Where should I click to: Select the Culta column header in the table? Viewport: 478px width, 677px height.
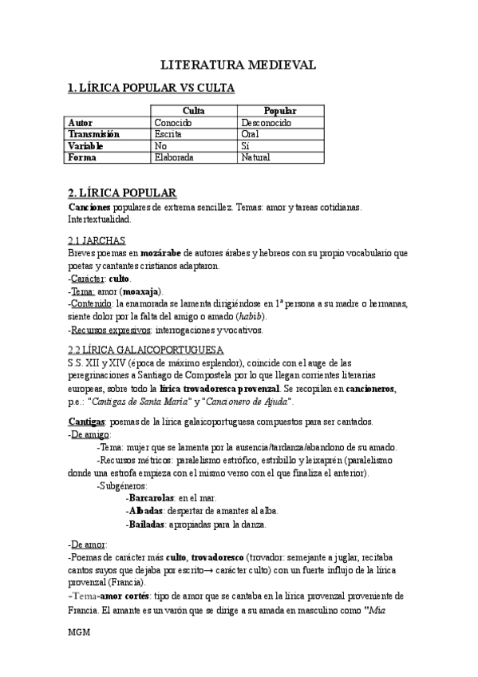click(194, 111)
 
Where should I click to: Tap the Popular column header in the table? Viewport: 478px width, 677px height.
click(279, 111)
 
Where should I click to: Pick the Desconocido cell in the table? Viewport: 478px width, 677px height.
click(267, 123)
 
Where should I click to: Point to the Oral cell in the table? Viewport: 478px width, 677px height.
click(250, 135)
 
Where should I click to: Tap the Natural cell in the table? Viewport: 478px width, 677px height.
click(255, 158)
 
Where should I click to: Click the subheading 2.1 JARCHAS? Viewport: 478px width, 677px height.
click(97, 241)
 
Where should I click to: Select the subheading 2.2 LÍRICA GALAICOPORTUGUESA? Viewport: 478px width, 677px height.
click(146, 350)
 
